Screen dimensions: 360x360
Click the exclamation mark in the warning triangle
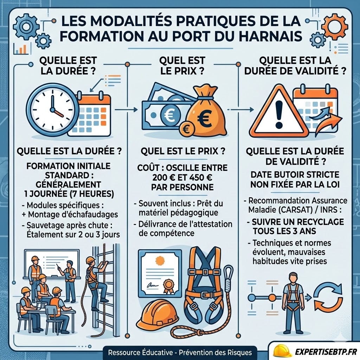(279, 114)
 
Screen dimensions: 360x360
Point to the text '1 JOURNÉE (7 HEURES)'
(69, 194)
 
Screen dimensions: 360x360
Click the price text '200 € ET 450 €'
(182, 178)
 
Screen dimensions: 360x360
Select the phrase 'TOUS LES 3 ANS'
(284, 231)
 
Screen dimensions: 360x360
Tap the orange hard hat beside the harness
(157, 314)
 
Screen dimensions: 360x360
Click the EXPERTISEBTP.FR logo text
(326, 352)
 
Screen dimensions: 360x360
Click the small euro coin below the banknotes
(186, 130)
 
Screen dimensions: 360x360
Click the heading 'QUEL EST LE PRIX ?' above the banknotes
(182, 66)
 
